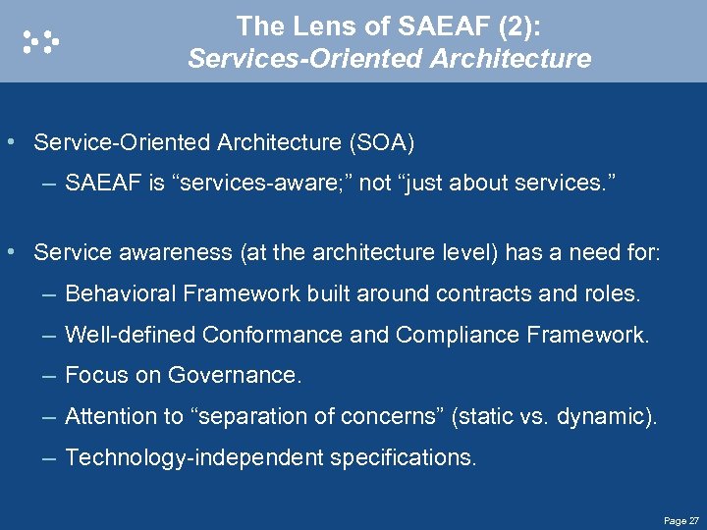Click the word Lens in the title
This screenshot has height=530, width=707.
(x=312, y=25)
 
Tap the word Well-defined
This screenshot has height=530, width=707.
(x=131, y=335)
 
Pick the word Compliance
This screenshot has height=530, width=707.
(x=458, y=335)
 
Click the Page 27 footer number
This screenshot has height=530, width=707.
(x=680, y=520)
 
